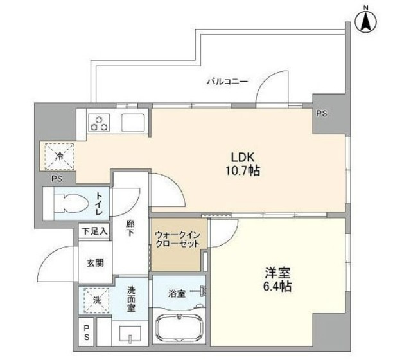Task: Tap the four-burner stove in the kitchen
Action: (100, 122)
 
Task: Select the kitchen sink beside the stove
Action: (133, 122)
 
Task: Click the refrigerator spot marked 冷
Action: (58, 155)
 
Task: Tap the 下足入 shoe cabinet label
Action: (94, 230)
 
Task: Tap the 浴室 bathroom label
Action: (177, 294)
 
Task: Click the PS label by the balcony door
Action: (322, 113)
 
